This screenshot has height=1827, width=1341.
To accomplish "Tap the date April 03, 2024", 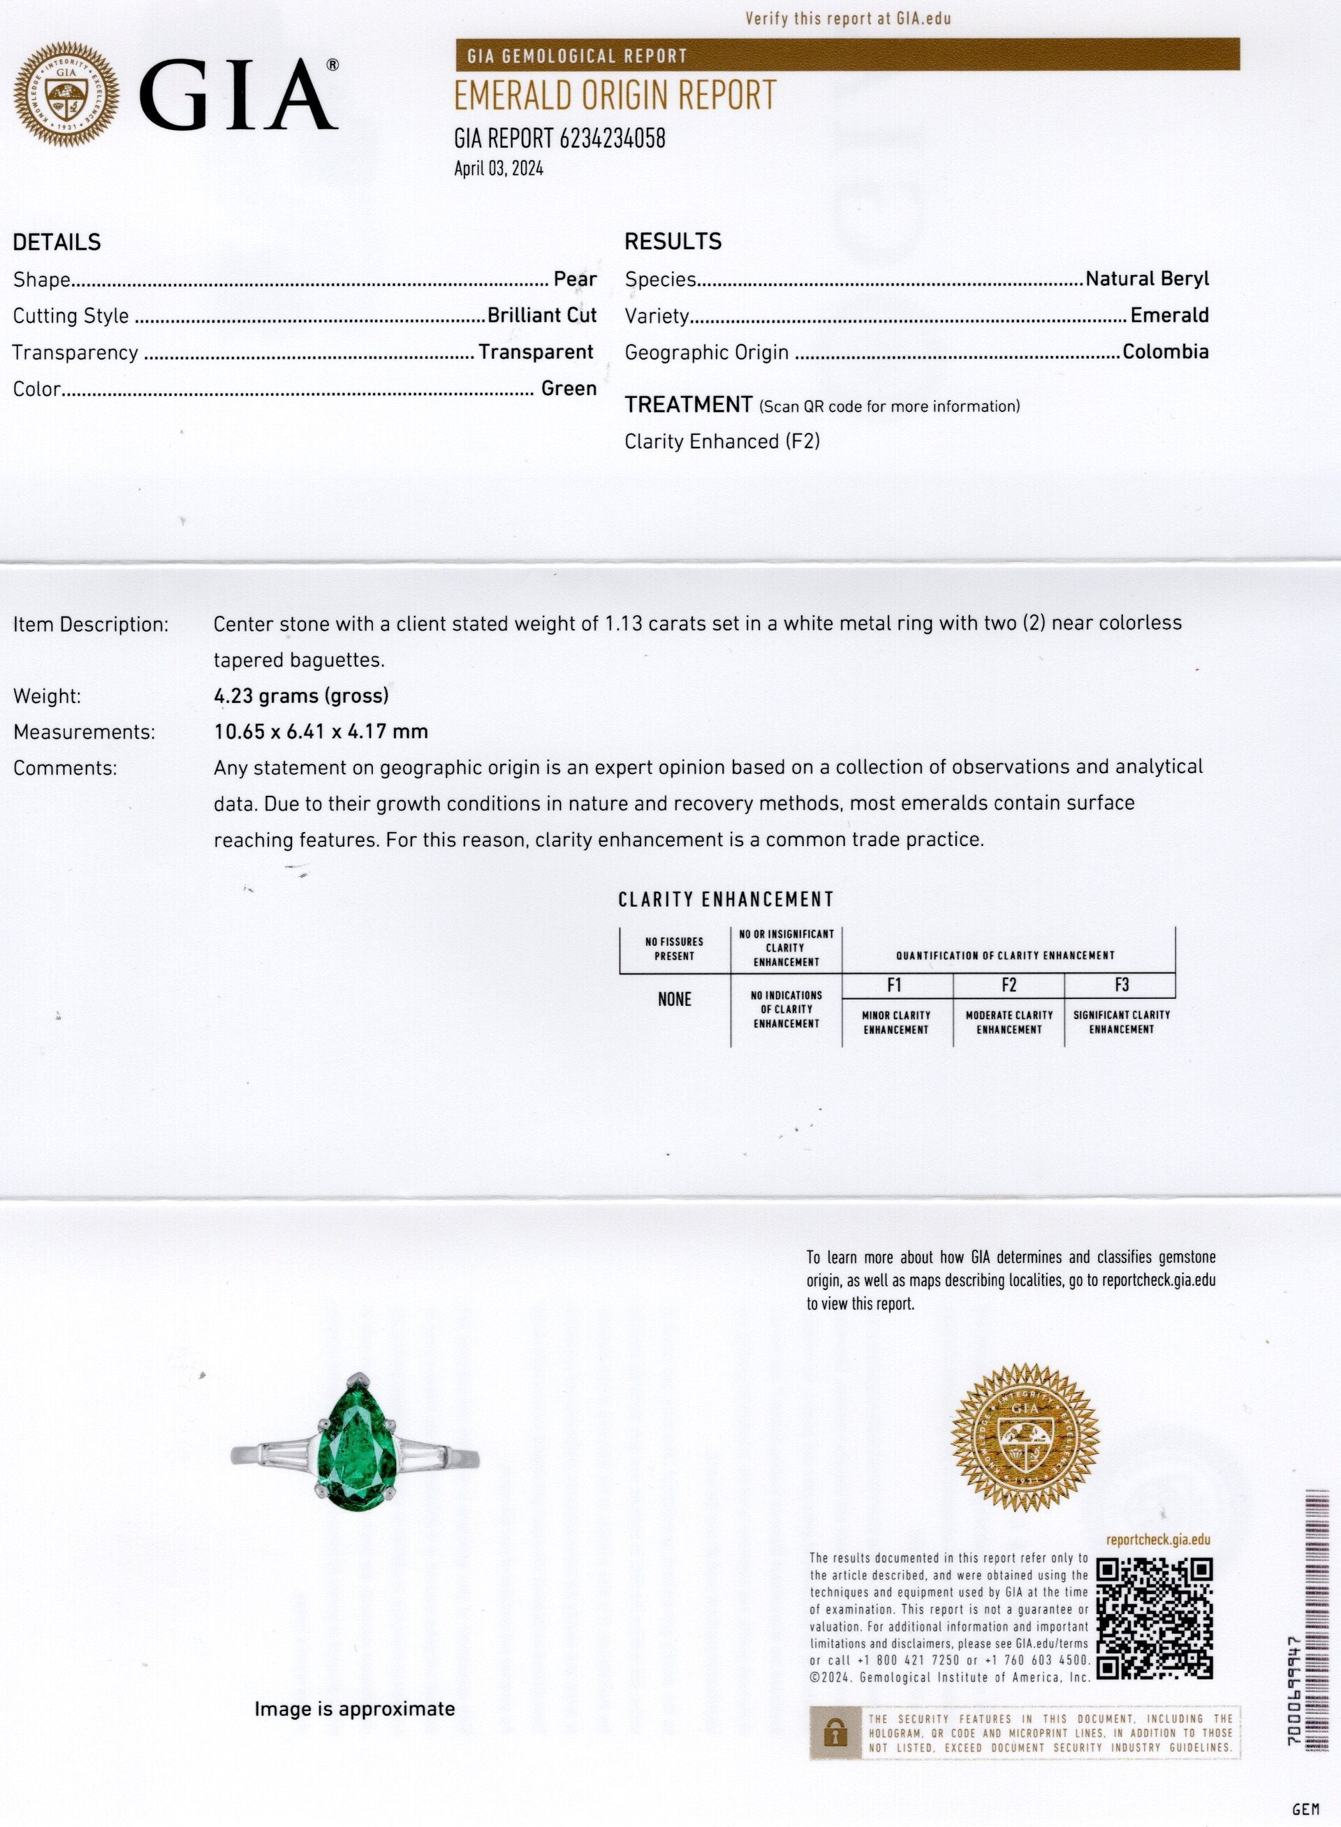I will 499,169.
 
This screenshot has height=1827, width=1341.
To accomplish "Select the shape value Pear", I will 575,279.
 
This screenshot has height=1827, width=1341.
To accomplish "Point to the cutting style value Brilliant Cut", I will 541,316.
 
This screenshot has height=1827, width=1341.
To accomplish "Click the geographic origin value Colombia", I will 1165,352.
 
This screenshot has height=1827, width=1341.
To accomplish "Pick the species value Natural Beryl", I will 1147,279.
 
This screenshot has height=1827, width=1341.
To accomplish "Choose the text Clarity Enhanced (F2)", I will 721,441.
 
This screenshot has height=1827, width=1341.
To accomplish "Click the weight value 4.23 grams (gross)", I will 301,695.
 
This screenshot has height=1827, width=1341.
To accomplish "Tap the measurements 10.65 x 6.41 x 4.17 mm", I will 321,732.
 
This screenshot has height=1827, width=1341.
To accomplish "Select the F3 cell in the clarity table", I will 1121,985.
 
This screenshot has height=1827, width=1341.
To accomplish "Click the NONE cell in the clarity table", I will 674,1000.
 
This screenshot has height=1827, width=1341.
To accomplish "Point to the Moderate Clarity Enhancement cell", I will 1009,1022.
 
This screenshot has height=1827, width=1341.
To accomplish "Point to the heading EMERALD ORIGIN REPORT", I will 615,96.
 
